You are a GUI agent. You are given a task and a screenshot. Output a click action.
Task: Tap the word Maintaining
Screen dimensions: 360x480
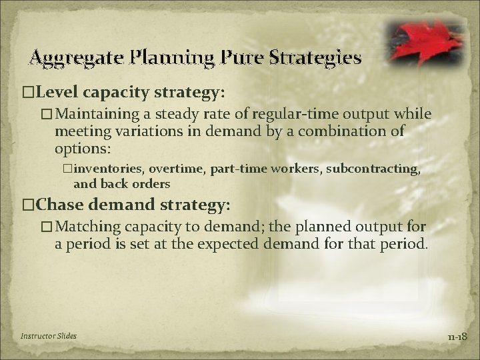pyautogui.click(x=102, y=115)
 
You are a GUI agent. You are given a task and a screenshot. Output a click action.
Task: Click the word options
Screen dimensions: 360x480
pyautogui.click(x=82, y=147)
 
